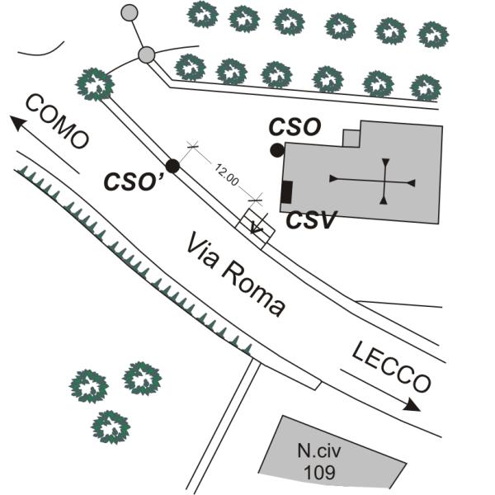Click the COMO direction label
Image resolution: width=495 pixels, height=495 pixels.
coord(57,122)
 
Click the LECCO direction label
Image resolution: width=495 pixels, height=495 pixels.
coord(391,366)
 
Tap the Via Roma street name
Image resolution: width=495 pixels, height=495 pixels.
coord(236,275)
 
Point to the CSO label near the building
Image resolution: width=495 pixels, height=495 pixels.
coord(295,128)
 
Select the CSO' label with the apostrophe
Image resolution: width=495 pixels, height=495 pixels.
coord(133,181)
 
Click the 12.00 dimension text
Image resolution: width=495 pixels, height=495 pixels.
coord(227,175)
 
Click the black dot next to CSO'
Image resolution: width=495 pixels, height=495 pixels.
coord(172,166)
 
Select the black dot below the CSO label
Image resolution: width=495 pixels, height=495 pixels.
coord(277,150)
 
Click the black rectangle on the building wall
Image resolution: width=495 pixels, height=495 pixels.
coord(286,191)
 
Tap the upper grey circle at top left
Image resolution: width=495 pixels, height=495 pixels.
coord(130,12)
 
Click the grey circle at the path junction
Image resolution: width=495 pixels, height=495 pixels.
coord(147,55)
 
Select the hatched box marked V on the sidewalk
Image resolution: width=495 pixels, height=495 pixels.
coord(257,224)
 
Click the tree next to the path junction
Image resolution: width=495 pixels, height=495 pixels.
coord(95,83)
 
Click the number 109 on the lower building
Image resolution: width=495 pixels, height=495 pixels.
coord(319,473)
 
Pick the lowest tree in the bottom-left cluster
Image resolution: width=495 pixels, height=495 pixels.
coord(111,426)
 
